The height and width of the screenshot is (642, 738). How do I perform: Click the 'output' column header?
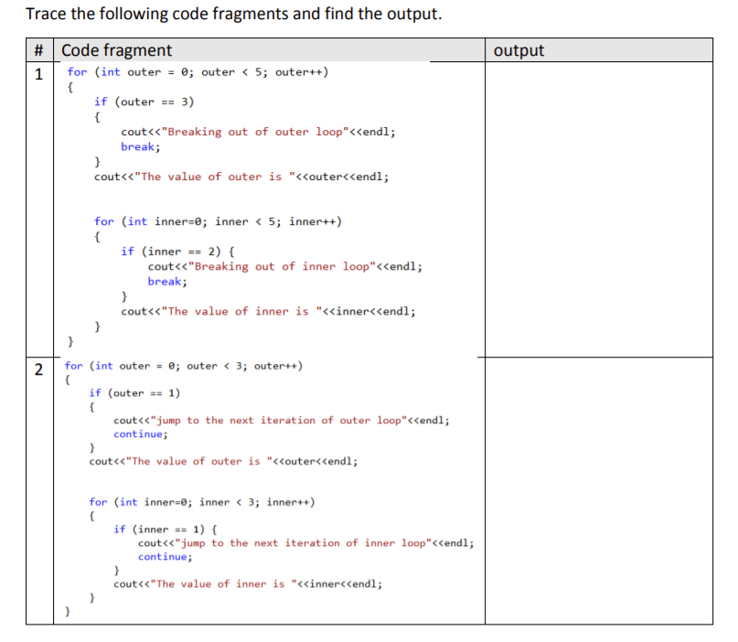[x=519, y=50]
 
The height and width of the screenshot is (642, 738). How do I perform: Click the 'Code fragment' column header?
[x=116, y=50]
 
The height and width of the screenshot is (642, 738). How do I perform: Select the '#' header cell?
[x=40, y=51]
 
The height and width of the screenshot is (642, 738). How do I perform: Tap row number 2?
[x=39, y=369]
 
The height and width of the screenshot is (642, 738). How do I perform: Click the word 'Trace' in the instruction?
[x=47, y=15]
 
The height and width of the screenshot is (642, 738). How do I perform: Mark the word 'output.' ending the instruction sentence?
[x=414, y=15]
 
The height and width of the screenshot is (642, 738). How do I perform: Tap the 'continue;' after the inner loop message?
[x=165, y=557]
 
